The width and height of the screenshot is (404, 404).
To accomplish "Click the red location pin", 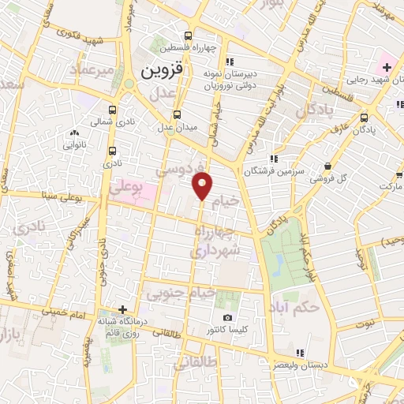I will [203, 186].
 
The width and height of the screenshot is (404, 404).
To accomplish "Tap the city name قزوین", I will [162, 70].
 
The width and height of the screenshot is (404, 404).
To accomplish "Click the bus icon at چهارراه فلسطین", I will [188, 36].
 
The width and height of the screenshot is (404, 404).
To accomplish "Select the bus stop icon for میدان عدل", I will [178, 114].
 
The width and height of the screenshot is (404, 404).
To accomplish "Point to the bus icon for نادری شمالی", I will [112, 110].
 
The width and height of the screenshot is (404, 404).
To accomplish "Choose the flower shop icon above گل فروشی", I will [327, 165].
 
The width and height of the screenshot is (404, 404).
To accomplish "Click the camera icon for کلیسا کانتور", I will [228, 318].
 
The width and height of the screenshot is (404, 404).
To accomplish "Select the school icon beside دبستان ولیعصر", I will [298, 353].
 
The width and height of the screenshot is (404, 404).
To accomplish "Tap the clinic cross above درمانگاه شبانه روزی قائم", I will [122, 309].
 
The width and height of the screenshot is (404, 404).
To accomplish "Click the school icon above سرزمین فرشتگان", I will [273, 158].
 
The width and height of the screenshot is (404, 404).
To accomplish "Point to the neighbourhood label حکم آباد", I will [294, 306].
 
